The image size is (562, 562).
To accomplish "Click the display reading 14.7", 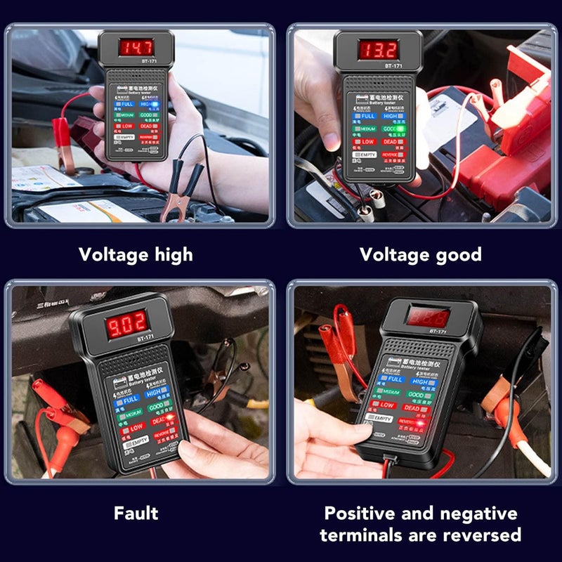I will pos(136,48).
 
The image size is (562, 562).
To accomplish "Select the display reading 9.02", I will pos(126,324).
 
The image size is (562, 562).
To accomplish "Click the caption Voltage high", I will pos(136,254).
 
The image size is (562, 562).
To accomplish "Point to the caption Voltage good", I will pos(421,254).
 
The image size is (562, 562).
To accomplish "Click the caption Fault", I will pos(136,513).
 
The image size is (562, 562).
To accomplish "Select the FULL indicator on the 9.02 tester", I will pos(129,400).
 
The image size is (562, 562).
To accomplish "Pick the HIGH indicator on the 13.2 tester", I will pos(391,116).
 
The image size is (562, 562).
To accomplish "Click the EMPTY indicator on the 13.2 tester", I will pos(366,154).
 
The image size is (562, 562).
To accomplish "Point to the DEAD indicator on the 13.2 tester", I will pos(391,141).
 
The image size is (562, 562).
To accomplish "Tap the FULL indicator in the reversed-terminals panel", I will pos(393,378).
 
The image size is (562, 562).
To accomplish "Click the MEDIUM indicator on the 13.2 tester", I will pos(365,129).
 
